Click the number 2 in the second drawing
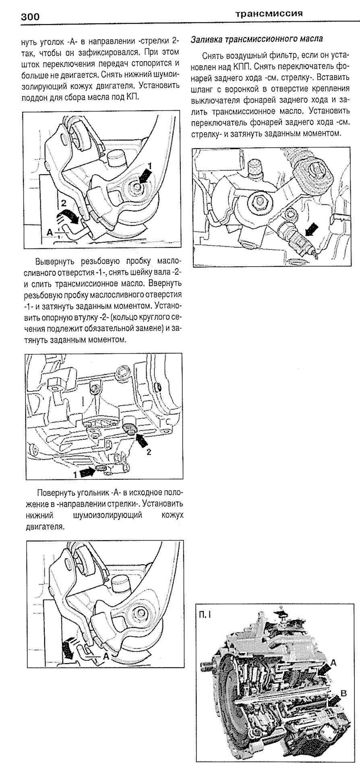point(149,452)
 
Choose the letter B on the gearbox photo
point(343,693)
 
